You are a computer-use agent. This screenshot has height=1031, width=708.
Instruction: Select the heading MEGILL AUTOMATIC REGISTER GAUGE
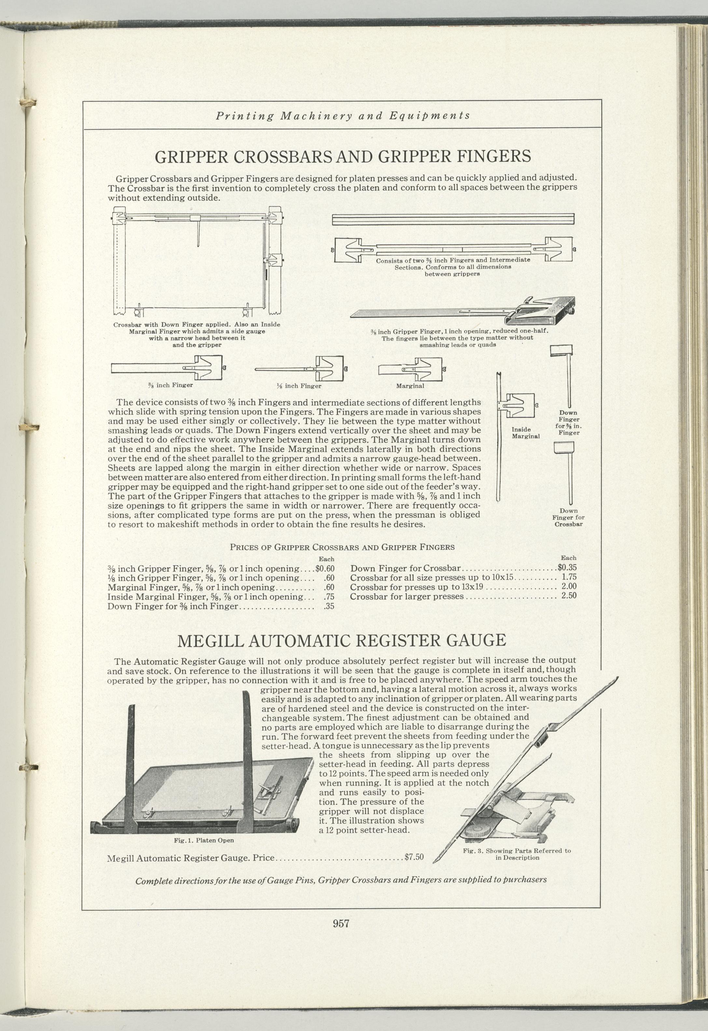click(341, 640)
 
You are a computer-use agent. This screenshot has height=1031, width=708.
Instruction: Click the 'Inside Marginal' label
click(526, 433)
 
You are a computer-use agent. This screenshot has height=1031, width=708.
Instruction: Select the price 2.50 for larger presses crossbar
click(569, 596)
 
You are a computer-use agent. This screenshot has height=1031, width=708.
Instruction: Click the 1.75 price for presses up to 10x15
click(569, 577)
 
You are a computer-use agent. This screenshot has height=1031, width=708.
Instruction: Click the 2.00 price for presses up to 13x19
click(569, 586)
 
